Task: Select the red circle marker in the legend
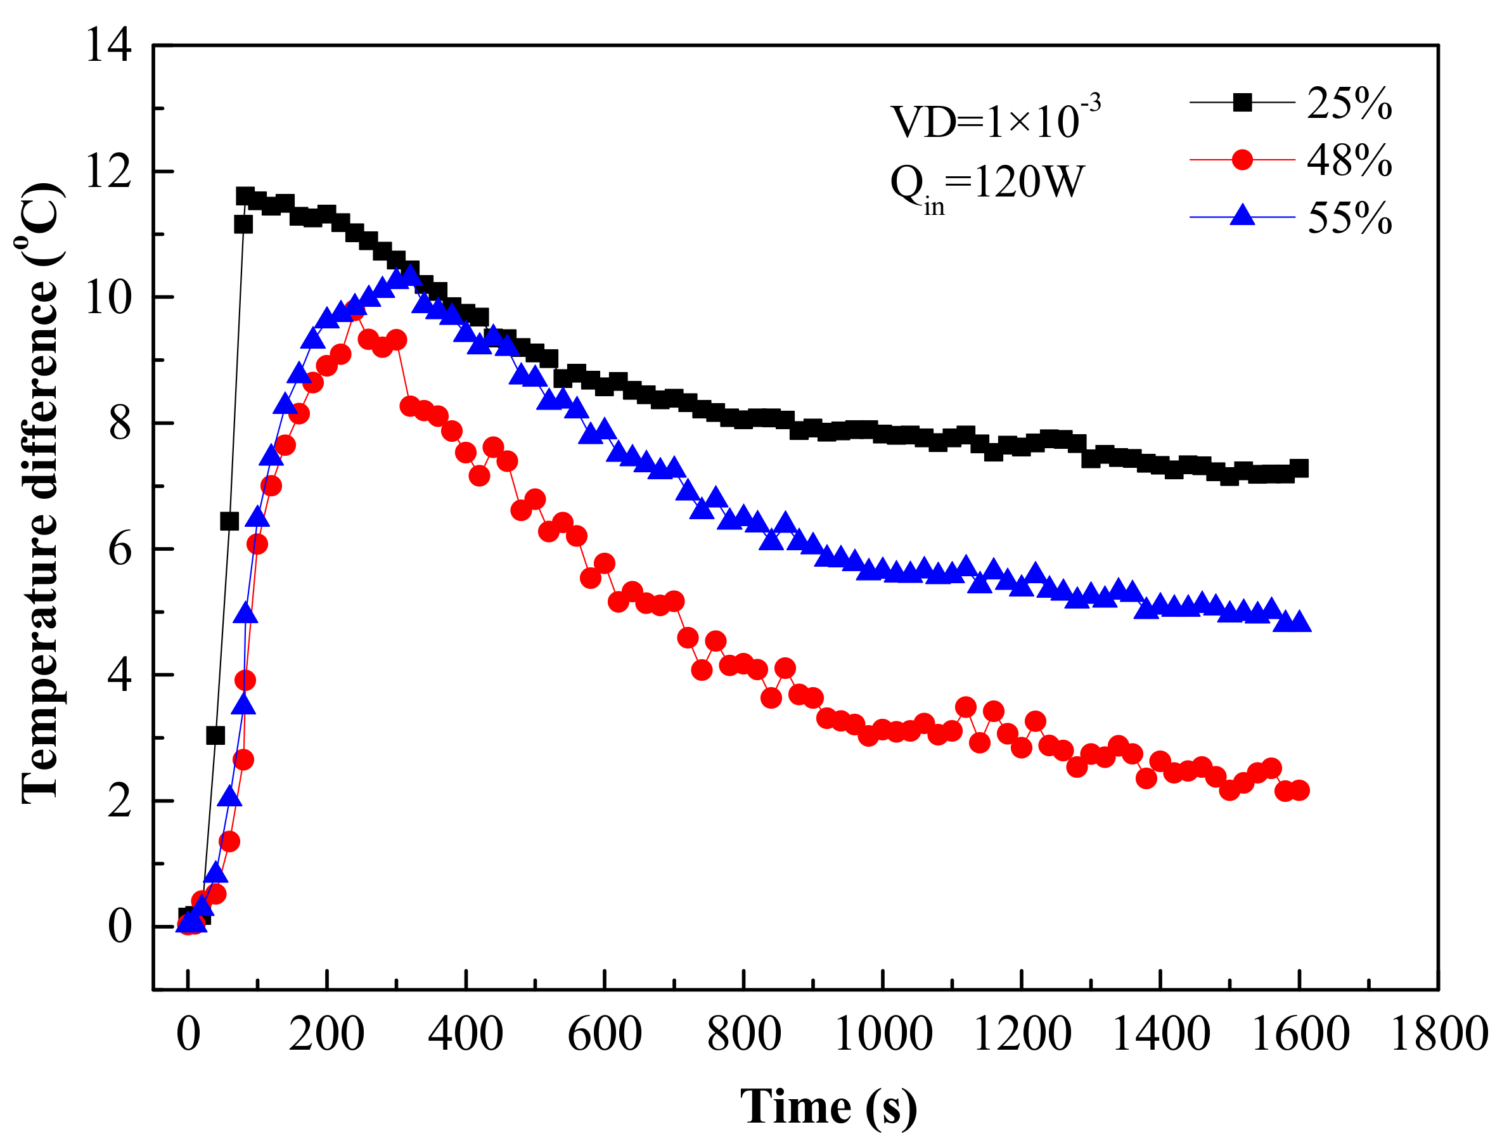tap(1242, 160)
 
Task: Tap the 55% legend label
tap(1349, 219)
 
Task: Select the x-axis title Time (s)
tap(828, 1107)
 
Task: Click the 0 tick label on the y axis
tap(120, 926)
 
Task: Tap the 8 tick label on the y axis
tap(120, 423)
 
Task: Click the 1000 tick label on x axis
tap(883, 1035)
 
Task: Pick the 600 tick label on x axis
tap(605, 1035)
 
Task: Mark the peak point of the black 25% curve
tap(245, 197)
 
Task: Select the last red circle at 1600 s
tap(1299, 790)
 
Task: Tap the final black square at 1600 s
tap(1299, 468)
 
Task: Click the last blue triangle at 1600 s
tap(1299, 622)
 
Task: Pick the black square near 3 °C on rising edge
tap(215, 735)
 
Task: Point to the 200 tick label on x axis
tap(326, 1035)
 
